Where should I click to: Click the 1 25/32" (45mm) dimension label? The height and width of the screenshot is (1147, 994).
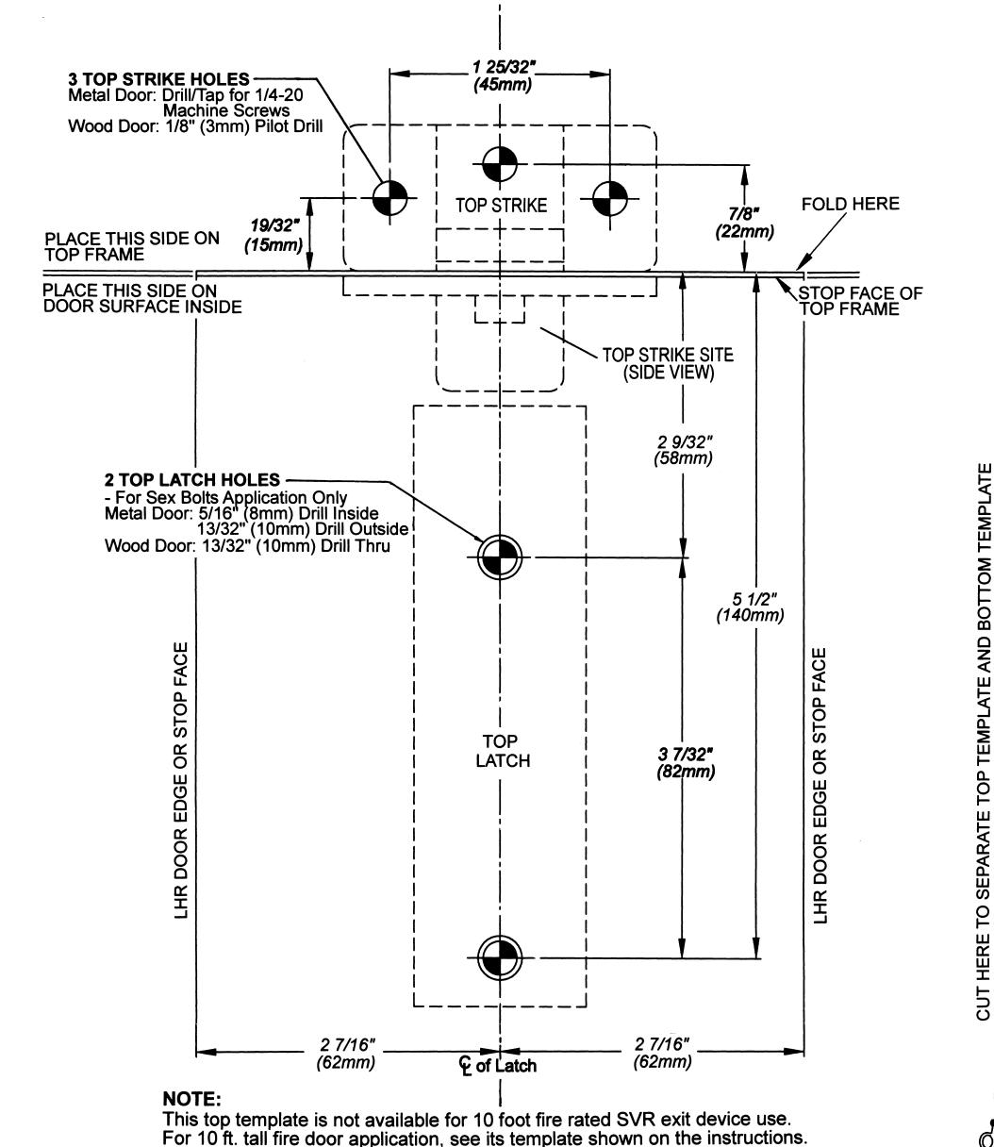tap(503, 76)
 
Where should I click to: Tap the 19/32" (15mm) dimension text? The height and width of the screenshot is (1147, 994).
tap(274, 235)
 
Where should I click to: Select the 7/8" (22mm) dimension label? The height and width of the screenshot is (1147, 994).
tap(744, 222)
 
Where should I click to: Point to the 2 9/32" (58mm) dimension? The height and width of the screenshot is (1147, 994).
tap(684, 450)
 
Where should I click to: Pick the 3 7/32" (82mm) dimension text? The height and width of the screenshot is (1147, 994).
tap(686, 762)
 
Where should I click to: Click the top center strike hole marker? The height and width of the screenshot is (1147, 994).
tap(499, 164)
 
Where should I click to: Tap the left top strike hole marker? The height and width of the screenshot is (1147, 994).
tap(389, 198)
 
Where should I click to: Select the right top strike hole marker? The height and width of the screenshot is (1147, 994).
tap(610, 198)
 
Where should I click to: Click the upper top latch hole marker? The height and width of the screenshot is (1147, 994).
tap(499, 557)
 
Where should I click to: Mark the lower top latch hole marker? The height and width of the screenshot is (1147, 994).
tap(499, 957)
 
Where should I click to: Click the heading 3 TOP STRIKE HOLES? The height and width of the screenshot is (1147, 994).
tap(158, 79)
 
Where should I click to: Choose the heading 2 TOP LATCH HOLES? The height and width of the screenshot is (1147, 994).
tap(192, 479)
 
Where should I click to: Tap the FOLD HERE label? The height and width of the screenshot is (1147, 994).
tap(851, 204)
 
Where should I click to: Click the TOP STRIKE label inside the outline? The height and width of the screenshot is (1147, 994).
tap(502, 206)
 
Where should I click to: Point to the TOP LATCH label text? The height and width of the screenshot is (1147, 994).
tap(503, 751)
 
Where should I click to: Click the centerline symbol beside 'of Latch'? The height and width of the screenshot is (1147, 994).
tap(465, 1065)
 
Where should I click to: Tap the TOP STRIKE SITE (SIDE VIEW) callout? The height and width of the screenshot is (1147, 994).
tap(668, 363)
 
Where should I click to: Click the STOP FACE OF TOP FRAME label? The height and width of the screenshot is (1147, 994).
tap(860, 301)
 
